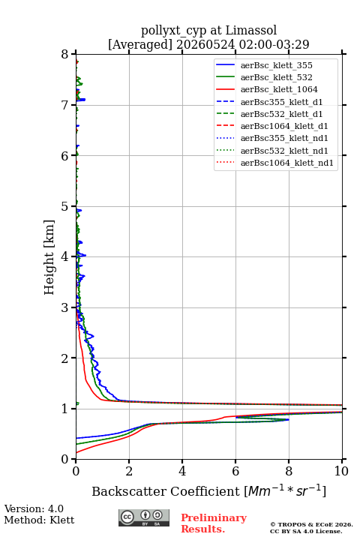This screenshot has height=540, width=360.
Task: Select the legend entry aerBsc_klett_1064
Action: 267,89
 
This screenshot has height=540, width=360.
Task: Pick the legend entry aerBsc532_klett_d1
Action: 269,114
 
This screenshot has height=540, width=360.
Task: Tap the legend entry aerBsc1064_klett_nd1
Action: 274,163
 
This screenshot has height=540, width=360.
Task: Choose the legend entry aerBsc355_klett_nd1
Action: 271,139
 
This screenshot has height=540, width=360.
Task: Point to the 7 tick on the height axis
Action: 73,105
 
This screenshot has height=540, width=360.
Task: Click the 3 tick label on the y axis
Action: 64,307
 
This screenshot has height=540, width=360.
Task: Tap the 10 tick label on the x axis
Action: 341,471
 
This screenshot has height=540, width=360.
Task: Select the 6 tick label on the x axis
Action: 235,471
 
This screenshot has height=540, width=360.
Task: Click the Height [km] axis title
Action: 49,257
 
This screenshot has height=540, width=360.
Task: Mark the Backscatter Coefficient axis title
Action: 208,490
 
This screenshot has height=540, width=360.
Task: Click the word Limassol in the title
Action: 251,31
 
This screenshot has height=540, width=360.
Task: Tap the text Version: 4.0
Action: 34,508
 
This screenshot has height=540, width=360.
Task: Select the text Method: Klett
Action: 39,520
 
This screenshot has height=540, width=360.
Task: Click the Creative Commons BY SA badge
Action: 144,517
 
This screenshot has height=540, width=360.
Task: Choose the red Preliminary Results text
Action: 214,523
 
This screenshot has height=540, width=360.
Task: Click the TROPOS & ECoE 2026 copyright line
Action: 311,524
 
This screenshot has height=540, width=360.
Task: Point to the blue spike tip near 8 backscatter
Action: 289,419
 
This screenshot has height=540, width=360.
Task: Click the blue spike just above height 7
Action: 81,100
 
